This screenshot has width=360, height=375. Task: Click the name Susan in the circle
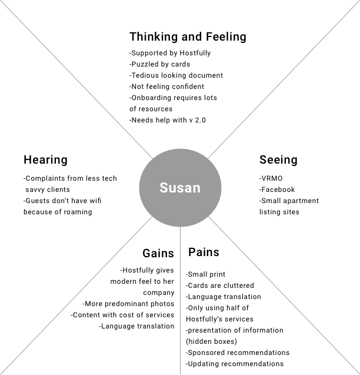click(x=179, y=188)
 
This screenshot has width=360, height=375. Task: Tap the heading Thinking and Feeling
click(x=188, y=36)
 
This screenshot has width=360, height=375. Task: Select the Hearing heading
click(x=45, y=160)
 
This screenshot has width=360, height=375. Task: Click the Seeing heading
click(x=278, y=160)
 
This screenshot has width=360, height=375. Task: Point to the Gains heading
click(x=158, y=253)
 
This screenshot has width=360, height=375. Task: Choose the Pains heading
click(x=204, y=252)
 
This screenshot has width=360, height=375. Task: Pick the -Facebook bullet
click(x=277, y=190)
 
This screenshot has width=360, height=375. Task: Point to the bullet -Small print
click(x=206, y=274)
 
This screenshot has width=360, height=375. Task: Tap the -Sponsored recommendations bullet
click(x=238, y=353)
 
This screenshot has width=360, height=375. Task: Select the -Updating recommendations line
click(x=235, y=364)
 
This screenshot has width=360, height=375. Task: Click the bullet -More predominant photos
click(x=129, y=304)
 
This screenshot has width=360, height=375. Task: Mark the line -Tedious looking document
click(x=176, y=75)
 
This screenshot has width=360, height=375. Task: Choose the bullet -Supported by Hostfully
click(x=170, y=53)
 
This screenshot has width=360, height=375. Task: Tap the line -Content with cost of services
click(x=123, y=315)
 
